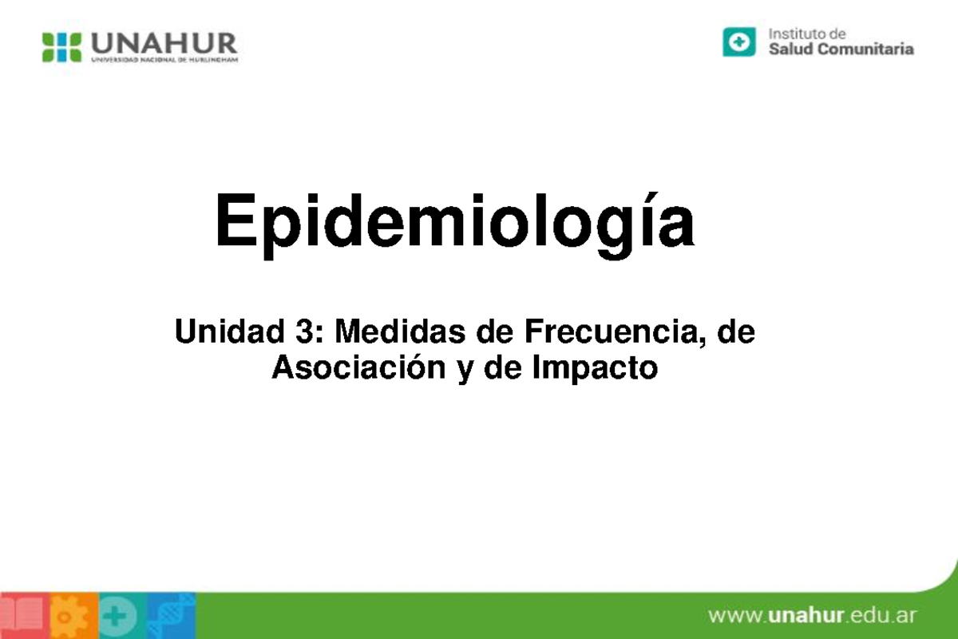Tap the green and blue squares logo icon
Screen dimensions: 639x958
tap(62, 47)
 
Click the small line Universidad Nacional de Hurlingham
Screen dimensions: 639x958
tap(164, 59)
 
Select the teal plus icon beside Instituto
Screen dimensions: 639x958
tap(739, 42)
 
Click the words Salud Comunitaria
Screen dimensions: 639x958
tap(841, 50)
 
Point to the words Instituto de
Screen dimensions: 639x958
tap(806, 34)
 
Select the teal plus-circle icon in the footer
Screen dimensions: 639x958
tap(119, 616)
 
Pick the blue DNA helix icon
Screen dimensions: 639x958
tap(170, 616)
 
